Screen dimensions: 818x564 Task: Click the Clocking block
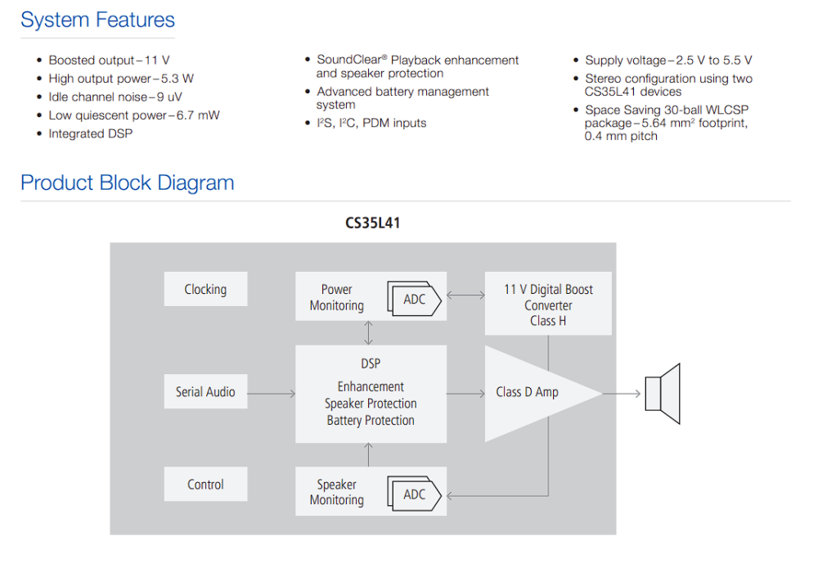pos(205,289)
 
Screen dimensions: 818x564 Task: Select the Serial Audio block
pos(205,391)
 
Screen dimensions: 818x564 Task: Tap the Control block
pos(205,484)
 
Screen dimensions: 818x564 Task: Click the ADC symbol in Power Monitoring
pos(414,300)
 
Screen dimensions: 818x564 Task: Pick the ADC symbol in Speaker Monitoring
pos(414,494)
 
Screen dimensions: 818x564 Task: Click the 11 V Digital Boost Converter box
pos(548,304)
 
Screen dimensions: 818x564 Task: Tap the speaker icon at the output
pos(663,393)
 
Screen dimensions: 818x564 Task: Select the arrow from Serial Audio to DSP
pos(272,393)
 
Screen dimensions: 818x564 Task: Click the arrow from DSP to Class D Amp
pos(466,393)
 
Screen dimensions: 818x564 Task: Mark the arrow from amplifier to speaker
pos(622,393)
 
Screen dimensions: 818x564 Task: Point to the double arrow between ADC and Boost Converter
pos(466,295)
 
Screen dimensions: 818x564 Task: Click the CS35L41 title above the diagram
pos(372,223)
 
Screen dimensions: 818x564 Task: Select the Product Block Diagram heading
pos(128,183)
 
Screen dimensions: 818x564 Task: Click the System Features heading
pos(97,20)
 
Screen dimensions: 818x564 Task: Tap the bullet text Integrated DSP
pos(90,133)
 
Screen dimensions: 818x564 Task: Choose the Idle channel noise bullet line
pos(115,97)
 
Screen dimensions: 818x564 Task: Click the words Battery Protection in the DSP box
pos(371,421)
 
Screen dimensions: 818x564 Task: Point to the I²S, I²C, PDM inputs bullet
pos(371,124)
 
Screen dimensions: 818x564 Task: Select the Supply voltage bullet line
pos(668,60)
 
